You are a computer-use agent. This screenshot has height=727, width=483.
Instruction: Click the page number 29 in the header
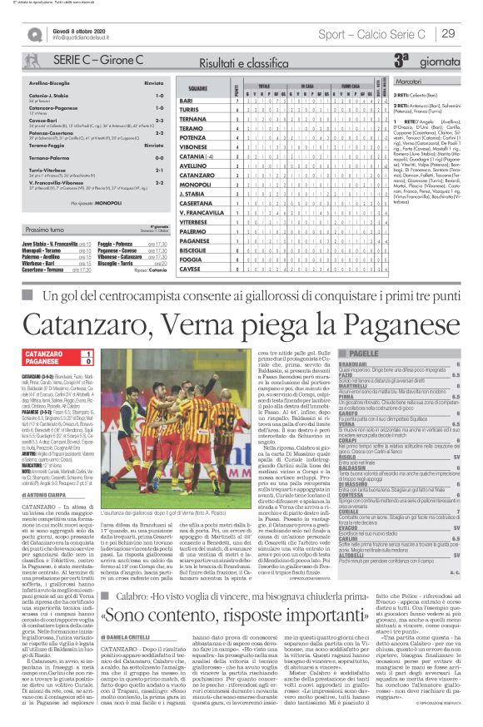tap(448, 33)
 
